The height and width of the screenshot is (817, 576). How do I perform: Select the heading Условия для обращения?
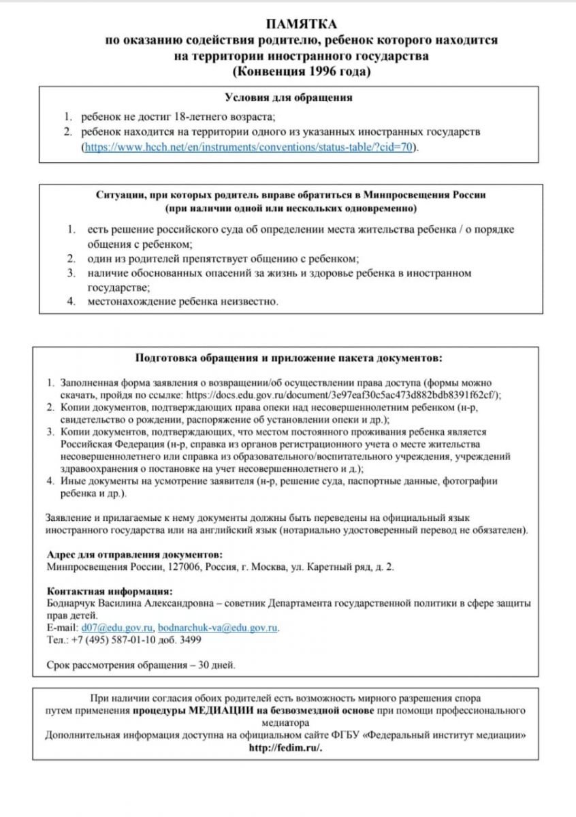pos(288,97)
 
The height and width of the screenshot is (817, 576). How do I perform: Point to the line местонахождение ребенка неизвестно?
pos(182,301)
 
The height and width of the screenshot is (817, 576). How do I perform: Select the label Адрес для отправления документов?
pos(134,555)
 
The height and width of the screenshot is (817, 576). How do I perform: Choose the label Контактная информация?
pos(110,591)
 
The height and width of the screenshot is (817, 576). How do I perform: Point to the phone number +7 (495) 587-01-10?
pos(112,640)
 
